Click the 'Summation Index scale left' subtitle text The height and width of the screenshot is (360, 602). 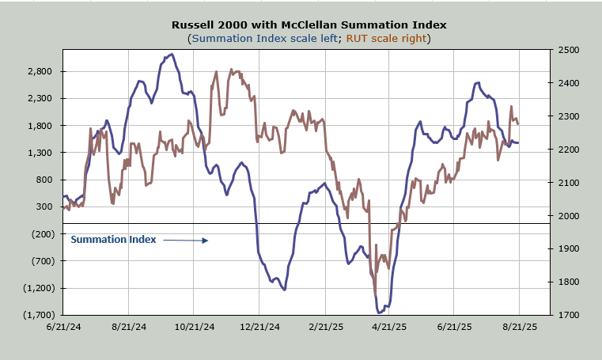pos(254,38)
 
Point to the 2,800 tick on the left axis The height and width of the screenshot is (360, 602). pos(40,71)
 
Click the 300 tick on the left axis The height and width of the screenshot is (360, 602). pos(44,207)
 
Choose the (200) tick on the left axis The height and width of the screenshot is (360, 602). pos(42,234)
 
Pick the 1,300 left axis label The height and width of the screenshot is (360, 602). pos(40,153)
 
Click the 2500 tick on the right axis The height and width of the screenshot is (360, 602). pos(569,50)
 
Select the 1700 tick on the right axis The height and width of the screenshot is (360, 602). pos(569,315)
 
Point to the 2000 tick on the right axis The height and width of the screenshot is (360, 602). pos(569,215)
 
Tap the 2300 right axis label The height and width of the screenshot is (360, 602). pos(569,116)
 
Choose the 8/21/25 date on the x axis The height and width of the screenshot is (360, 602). pos(519,326)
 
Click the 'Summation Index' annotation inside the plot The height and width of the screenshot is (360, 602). pos(113,239)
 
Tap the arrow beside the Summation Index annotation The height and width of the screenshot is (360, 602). pos(186,240)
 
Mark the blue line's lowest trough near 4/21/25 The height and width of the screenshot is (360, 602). pos(380,313)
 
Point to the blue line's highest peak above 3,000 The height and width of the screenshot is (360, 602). pos(171,55)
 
